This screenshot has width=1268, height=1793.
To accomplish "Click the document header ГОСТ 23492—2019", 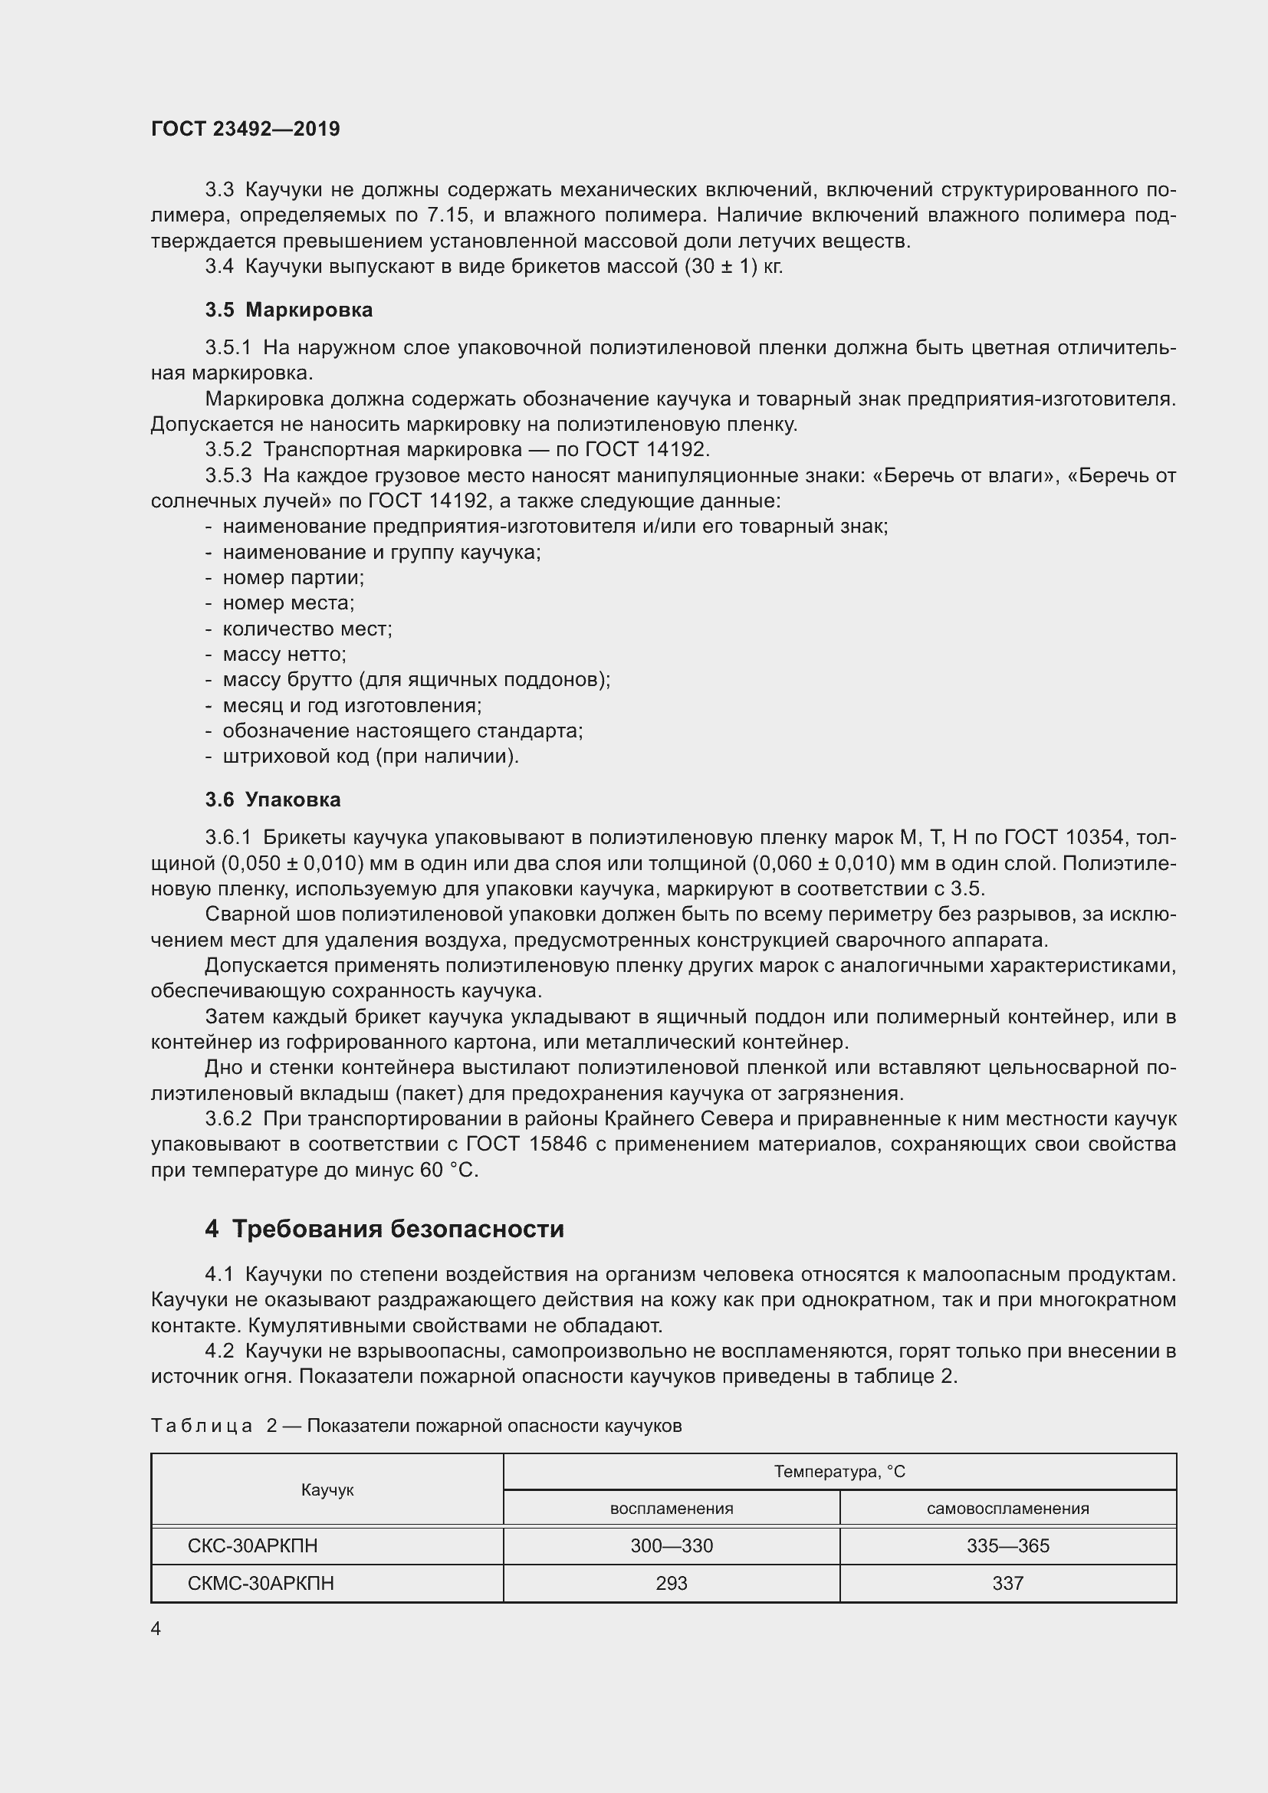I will pos(245,129).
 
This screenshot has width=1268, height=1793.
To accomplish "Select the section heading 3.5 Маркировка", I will pos(289,310).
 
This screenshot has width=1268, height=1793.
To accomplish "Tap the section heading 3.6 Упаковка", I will pos(273,800).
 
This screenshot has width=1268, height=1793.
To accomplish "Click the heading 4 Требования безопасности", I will pos(384,1229).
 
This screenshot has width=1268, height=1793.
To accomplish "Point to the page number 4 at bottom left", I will pos(156,1628).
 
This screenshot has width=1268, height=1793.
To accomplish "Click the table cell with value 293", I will pos(671,1583).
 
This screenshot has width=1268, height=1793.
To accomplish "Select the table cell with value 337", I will pos(1007,1583).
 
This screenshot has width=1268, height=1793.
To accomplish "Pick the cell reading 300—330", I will pos(671,1545).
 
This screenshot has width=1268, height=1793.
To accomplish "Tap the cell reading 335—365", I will pos(1007,1545).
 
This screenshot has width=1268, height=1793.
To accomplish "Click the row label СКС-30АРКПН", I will pos(252,1545).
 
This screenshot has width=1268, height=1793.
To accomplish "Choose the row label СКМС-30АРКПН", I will pos(260,1583).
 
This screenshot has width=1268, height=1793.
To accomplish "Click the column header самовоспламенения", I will pos(1007,1509).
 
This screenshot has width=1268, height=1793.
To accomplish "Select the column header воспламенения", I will pos(671,1509).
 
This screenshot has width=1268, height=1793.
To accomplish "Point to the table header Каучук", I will pos(327,1490).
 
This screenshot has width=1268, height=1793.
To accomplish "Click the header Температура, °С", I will pos(839,1472).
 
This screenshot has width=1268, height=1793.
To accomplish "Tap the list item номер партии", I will pos(293,578).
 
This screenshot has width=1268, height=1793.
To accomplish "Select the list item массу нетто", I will pos(284,655).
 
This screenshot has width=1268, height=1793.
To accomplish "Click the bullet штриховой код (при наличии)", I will pos(370,757).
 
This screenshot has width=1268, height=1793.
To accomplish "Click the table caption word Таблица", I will pos(201,1426).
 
